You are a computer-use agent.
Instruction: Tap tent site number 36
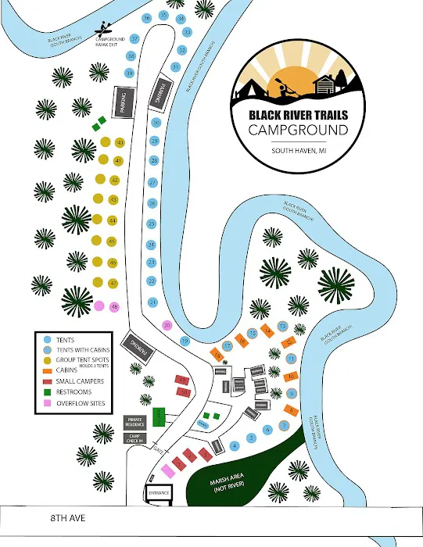tap(147, 18)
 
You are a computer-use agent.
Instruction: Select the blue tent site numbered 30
tap(156, 123)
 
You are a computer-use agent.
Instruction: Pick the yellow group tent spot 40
tap(120, 143)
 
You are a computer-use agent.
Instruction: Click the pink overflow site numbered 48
tap(114, 306)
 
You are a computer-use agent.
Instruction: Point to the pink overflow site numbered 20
tap(167, 325)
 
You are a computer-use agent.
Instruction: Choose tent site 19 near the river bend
tap(185, 341)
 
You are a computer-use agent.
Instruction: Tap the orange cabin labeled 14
tap(268, 331)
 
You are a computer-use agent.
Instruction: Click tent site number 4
tap(234, 446)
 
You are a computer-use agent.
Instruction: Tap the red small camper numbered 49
tap(182, 380)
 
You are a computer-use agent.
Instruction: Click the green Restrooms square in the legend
tap(47, 392)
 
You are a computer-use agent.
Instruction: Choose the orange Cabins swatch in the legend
tap(47, 370)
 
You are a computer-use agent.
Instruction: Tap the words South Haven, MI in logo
tap(299, 151)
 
